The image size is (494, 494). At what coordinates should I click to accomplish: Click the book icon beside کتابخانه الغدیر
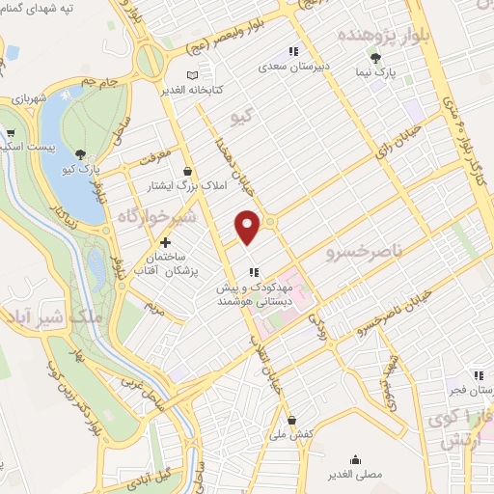193,75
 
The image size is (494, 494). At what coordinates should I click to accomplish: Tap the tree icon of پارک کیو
80,154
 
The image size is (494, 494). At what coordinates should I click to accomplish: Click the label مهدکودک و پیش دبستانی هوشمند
255,295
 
